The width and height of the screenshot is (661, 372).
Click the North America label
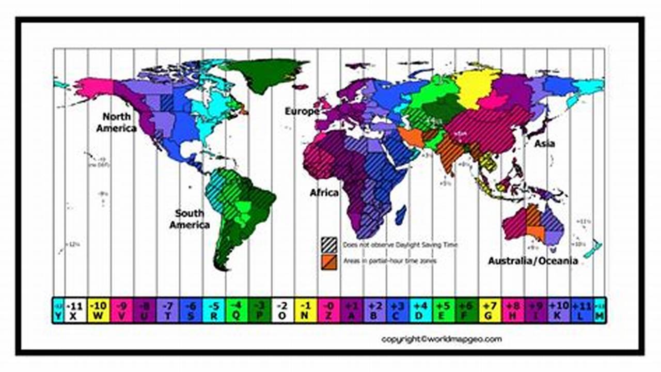(117, 122)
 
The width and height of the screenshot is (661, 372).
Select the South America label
(190, 219)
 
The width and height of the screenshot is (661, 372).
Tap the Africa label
(324, 193)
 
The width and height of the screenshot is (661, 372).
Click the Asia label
(544, 143)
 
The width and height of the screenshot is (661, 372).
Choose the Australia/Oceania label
(532, 261)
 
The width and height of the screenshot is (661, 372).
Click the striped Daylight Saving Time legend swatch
(328, 244)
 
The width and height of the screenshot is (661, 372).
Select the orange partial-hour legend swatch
(328, 261)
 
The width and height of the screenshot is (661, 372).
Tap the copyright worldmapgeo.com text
(441, 339)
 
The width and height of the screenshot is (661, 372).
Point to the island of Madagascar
(400, 214)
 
